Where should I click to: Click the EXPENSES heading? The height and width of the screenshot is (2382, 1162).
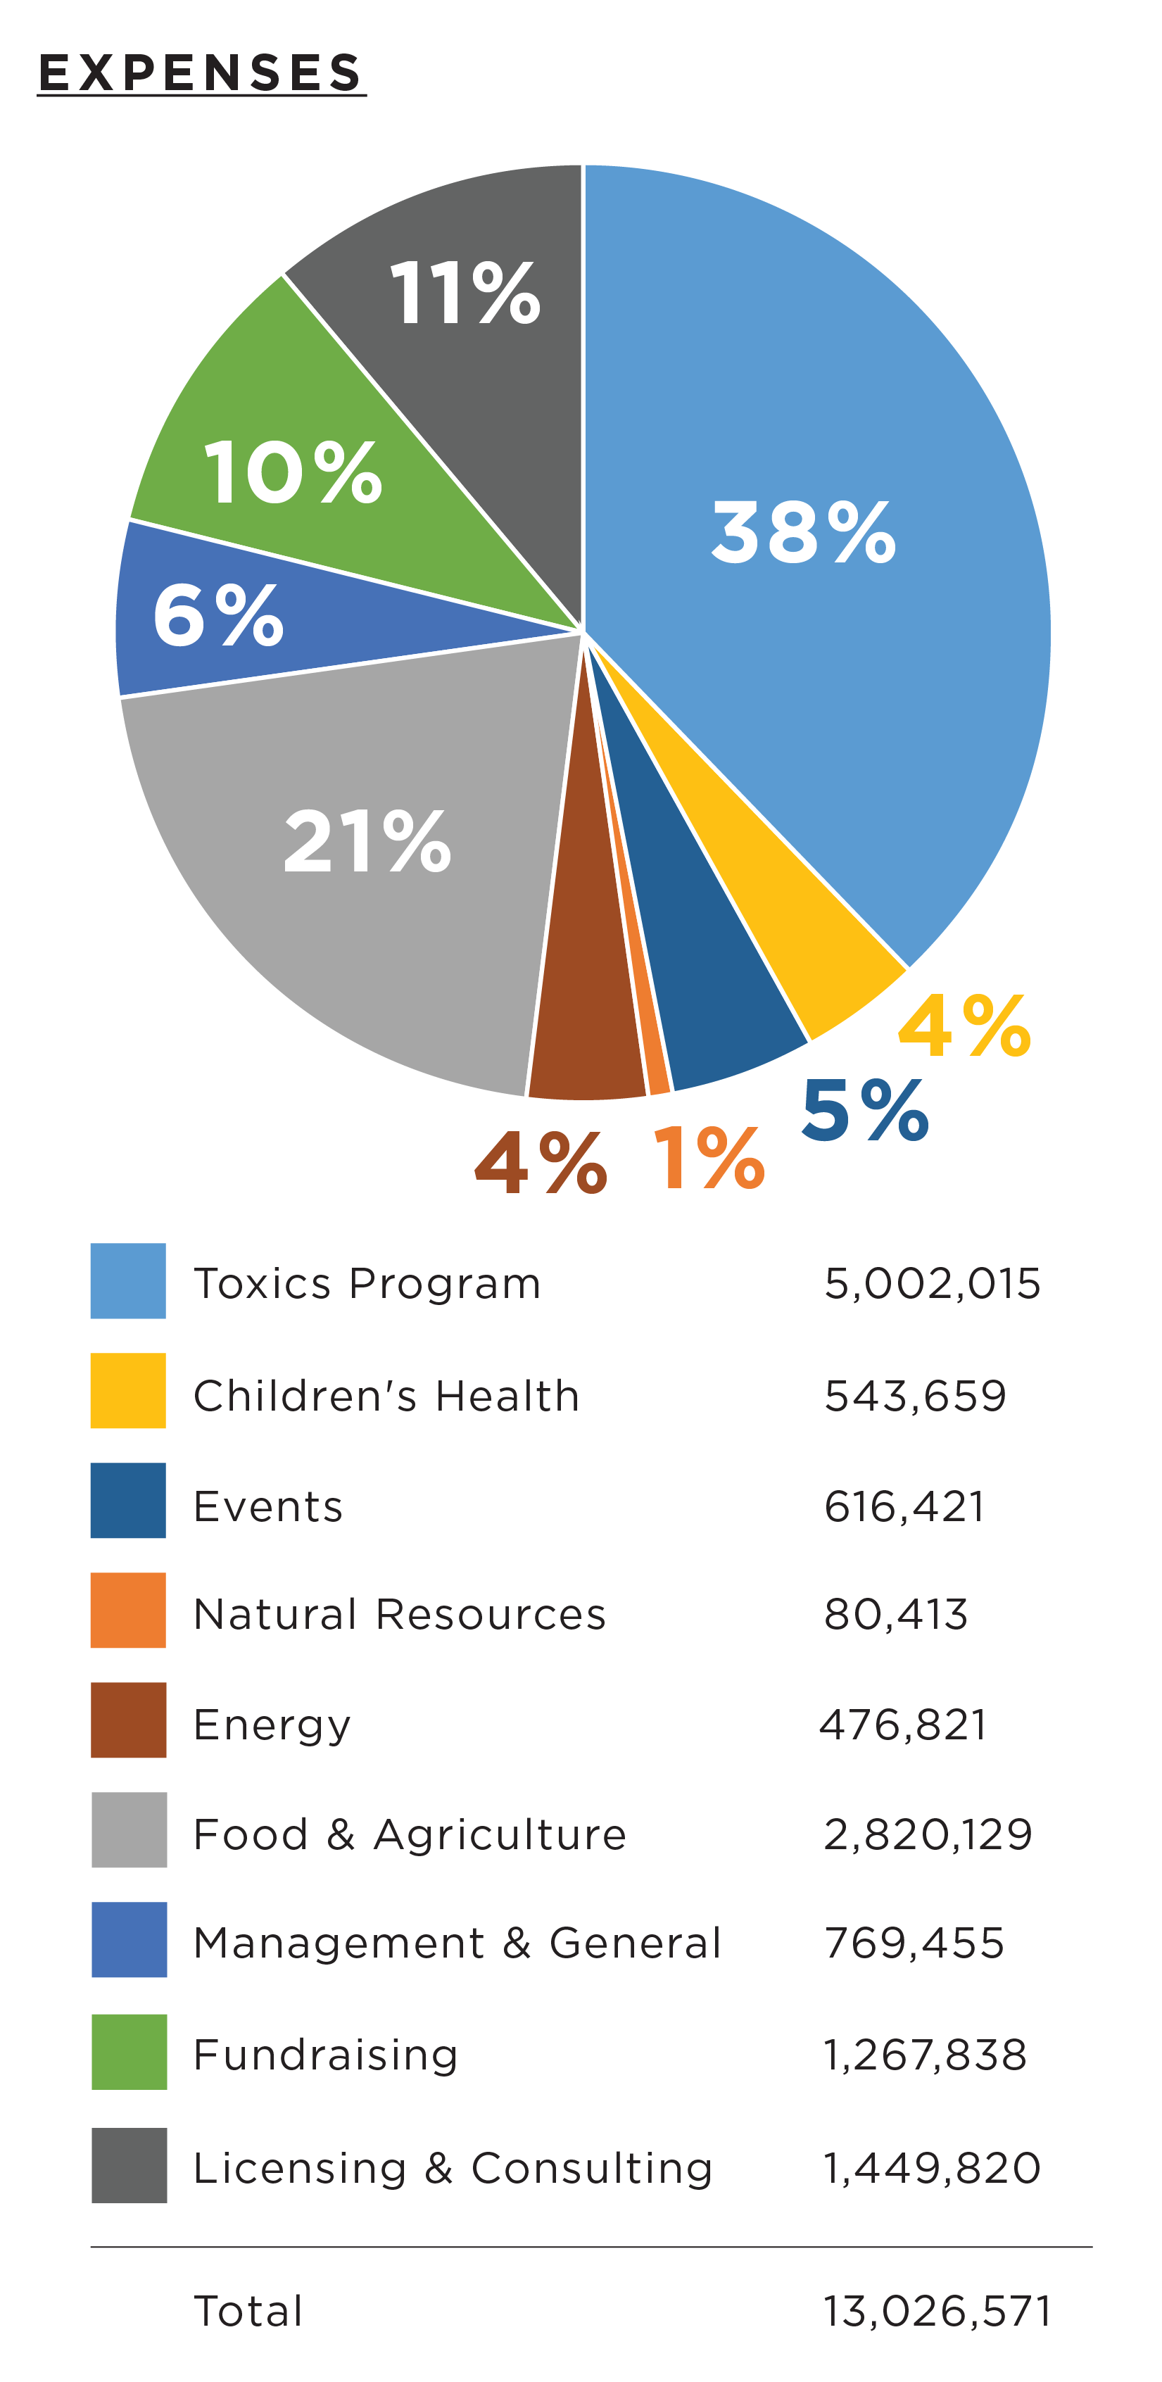[x=201, y=73]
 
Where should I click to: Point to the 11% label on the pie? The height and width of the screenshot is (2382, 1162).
[x=465, y=293]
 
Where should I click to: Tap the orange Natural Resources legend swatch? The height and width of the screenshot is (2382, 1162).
[x=127, y=1610]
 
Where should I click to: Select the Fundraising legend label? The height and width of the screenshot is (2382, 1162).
[x=325, y=2055]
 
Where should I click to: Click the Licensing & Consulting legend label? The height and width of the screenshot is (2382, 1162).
[x=453, y=2167]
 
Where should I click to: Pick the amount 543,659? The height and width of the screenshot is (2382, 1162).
[x=914, y=1395]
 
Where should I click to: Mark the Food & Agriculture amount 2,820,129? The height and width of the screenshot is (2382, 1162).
[x=927, y=1834]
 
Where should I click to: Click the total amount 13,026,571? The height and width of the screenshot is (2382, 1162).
[x=937, y=2311]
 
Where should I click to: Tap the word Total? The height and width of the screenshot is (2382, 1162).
[x=248, y=2311]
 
